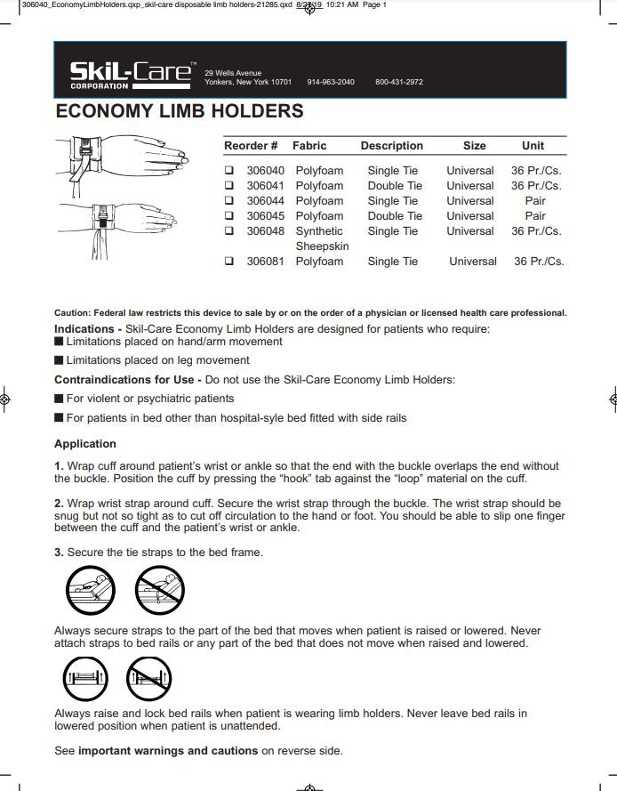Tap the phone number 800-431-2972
(x=398, y=82)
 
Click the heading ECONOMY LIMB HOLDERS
(x=179, y=112)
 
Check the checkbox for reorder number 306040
(x=229, y=171)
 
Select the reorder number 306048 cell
(x=265, y=231)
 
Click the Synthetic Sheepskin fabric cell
(x=321, y=238)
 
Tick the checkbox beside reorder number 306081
(x=229, y=262)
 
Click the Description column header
(x=391, y=146)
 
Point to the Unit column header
(x=533, y=146)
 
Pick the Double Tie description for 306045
(x=395, y=216)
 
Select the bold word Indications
(x=87, y=329)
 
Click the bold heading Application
(x=85, y=444)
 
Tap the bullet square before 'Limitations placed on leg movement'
(x=59, y=360)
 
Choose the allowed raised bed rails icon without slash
(x=87, y=681)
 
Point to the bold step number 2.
(x=59, y=504)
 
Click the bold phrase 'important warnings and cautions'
(x=168, y=751)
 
